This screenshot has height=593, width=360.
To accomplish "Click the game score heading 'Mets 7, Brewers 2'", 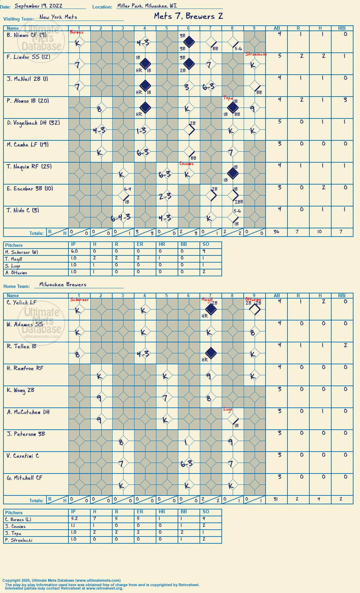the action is [x=188, y=16].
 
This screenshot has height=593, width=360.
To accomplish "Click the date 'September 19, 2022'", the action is [x=38, y=6].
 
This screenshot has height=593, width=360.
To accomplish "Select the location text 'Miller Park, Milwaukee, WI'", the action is [x=147, y=6].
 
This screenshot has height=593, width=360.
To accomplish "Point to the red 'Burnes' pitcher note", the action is [x=77, y=32].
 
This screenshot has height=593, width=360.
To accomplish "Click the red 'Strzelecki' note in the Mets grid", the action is [x=256, y=54].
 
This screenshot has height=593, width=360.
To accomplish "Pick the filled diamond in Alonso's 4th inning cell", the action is [x=145, y=108].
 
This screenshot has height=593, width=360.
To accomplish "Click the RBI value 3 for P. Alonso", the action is [x=345, y=100].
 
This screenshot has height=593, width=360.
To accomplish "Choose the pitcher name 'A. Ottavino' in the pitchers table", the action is [x=16, y=273].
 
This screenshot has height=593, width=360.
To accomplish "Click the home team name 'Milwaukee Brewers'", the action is [x=63, y=285].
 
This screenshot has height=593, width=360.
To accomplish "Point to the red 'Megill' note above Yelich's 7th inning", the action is [x=207, y=300].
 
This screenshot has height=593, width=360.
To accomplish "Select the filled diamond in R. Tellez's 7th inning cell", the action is [x=211, y=353].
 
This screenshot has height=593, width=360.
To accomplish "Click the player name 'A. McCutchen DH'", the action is [x=28, y=412].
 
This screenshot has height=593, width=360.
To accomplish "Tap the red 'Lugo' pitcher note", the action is [x=228, y=409].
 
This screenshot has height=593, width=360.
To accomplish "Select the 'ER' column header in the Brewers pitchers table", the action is [x=140, y=512].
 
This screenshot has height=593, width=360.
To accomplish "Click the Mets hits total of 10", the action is [x=320, y=232].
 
